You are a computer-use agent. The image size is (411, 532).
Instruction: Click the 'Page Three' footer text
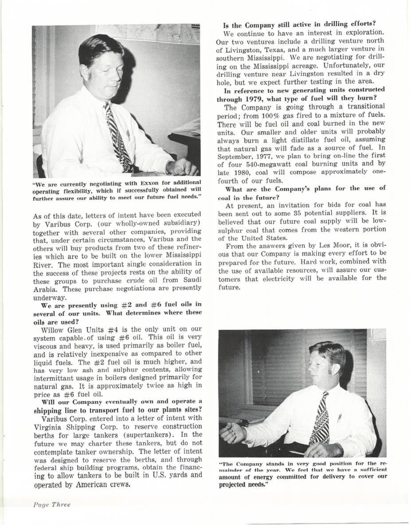coord(51,505)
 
